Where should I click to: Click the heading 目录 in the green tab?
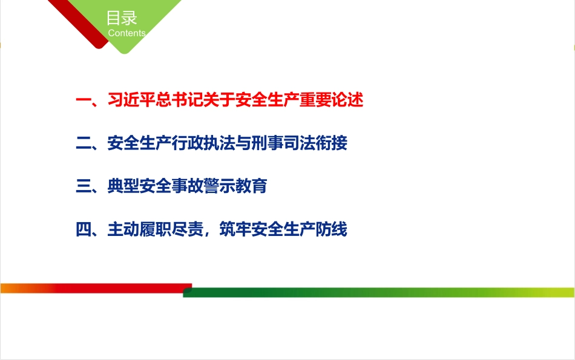point(121,18)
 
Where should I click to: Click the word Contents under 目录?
point(126,33)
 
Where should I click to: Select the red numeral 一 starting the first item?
point(83,100)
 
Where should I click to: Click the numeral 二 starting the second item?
point(83,143)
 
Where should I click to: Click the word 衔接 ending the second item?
point(333,143)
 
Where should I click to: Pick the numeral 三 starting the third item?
point(83,186)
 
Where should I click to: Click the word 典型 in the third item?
point(123,186)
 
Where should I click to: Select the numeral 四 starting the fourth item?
point(83,230)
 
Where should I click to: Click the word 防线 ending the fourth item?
point(332,230)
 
